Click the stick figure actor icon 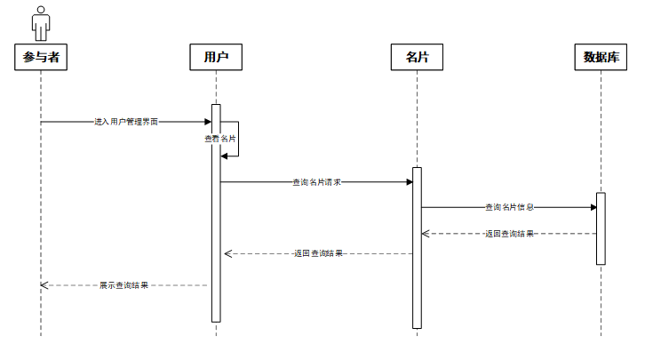(x=41, y=23)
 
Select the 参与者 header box (x=41, y=57)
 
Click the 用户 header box (x=216, y=57)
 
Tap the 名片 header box (x=417, y=57)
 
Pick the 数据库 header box (x=601, y=57)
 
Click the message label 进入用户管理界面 (x=126, y=122)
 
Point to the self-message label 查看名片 (x=220, y=139)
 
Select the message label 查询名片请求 (x=317, y=182)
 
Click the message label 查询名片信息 (x=509, y=207)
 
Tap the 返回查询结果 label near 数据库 (x=509, y=234)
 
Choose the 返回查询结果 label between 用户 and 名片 (x=318, y=253)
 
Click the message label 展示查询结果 (x=123, y=285)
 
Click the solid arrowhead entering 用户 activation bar (x=208, y=122)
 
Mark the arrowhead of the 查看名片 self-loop (x=224, y=156)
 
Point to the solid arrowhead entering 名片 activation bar (x=410, y=182)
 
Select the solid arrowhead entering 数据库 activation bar (x=593, y=207)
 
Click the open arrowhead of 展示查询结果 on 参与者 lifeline (x=44, y=285)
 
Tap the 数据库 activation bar (x=601, y=228)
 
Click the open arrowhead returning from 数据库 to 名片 (x=426, y=234)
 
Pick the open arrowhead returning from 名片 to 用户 (x=228, y=254)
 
